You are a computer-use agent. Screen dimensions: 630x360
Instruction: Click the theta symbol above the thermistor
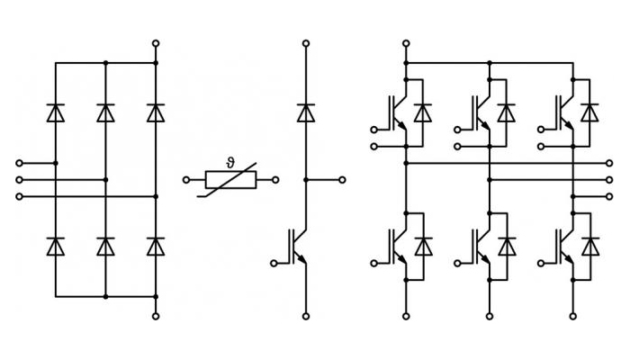click(x=230, y=163)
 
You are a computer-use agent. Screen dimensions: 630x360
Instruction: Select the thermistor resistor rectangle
click(x=230, y=180)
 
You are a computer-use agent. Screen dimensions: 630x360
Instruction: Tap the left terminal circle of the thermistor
click(x=186, y=180)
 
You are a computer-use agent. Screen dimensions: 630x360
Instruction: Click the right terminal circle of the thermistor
click(x=275, y=180)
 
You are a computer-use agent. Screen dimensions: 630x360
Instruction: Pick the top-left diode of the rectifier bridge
click(x=56, y=112)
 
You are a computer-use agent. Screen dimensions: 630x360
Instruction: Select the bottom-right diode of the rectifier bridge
click(x=156, y=247)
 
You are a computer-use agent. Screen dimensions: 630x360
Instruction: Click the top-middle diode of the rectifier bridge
click(x=105, y=112)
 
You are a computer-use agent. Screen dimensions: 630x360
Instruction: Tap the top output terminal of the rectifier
click(x=156, y=43)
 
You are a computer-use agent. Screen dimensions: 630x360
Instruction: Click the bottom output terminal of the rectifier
click(x=156, y=316)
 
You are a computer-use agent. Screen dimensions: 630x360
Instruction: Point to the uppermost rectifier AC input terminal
click(x=19, y=163)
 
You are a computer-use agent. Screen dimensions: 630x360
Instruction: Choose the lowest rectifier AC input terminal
click(x=19, y=196)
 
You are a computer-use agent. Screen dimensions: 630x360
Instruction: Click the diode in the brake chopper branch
click(x=306, y=112)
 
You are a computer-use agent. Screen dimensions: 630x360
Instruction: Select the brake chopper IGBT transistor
click(x=298, y=247)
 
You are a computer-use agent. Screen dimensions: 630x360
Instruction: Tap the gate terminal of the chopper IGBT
click(x=274, y=263)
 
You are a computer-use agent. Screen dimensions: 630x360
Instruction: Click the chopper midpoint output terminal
click(x=342, y=180)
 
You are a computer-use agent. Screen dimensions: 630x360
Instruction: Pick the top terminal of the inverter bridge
click(x=406, y=43)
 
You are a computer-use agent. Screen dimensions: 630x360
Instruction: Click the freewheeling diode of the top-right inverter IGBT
click(x=589, y=112)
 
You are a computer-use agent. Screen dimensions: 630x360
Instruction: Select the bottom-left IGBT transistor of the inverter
click(x=398, y=247)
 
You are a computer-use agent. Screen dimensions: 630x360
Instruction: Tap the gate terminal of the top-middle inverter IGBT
click(x=457, y=130)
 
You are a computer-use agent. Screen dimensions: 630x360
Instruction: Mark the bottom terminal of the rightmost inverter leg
click(x=573, y=316)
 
